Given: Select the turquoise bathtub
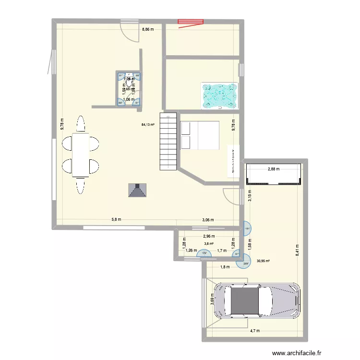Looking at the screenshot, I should (x=220, y=95).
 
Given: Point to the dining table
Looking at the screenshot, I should (x=81, y=155).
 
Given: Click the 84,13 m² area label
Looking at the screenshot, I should (x=148, y=125).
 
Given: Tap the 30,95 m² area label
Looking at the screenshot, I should (x=263, y=261).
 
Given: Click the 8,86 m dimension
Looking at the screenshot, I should (x=148, y=29).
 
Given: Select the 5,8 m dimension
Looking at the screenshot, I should (x=116, y=220).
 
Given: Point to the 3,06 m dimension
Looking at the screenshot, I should (x=207, y=220).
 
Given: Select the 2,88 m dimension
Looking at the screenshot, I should (x=274, y=168).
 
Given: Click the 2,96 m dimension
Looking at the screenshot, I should (x=209, y=236).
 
